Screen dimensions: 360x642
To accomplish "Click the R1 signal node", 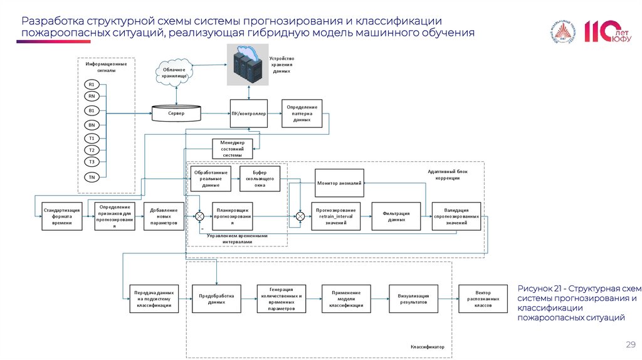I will (x=92, y=84).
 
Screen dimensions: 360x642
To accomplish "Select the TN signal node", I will (x=92, y=177).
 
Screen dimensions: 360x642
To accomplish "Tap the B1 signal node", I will (x=92, y=110).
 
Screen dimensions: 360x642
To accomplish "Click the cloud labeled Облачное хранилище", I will (x=174, y=72).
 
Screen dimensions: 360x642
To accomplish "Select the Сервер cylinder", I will (x=176, y=114).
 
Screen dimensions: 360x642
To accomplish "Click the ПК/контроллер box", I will (x=249, y=114).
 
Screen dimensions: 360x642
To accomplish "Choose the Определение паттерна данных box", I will (x=302, y=114).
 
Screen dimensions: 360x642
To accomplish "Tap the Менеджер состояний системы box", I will (x=232, y=149).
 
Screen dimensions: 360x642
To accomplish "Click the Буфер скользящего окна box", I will (x=260, y=179).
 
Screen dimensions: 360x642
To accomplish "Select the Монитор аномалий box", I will (x=339, y=183).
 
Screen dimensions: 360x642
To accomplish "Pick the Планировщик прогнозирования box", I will (x=232, y=216).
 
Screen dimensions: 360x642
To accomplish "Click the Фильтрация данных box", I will (x=396, y=216).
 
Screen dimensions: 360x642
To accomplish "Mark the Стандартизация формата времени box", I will (x=62, y=216).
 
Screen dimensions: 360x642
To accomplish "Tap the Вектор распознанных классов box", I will (x=483, y=298).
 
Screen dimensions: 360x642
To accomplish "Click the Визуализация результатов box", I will (x=413, y=298).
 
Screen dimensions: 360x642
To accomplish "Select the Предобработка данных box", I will (x=216, y=298).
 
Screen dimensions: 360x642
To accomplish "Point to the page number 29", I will (x=631, y=344).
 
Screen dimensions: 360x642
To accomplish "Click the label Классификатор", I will (x=427, y=346).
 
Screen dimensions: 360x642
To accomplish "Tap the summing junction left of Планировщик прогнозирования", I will (x=199, y=216).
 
